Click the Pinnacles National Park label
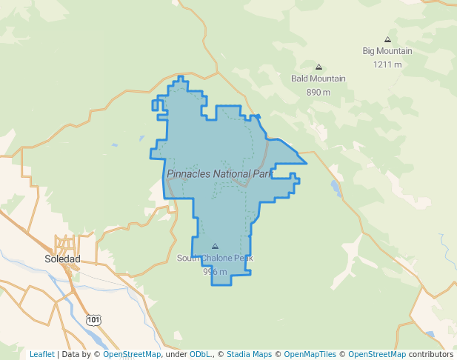[220, 174]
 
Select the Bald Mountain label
[318, 79]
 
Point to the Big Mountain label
[387, 51]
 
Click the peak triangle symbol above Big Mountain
[387, 39]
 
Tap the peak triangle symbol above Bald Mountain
[318, 67]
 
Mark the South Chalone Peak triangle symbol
[215, 246]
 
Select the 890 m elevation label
[318, 92]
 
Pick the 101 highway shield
[93, 319]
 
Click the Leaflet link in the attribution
[42, 354]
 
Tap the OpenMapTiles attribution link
[308, 354]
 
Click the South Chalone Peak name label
[215, 259]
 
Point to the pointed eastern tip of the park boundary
[306, 163]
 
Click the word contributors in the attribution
[431, 354]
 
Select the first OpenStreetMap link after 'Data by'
[132, 354]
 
